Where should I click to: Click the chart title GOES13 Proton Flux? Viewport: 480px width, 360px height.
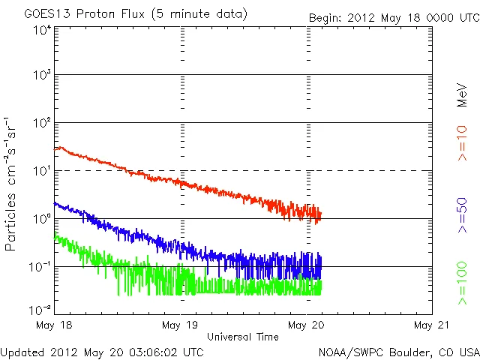(x=135, y=14)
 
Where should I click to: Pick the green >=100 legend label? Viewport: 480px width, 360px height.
(x=463, y=283)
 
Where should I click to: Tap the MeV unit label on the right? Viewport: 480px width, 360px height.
(x=463, y=96)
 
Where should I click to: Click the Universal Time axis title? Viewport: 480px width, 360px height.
(x=243, y=337)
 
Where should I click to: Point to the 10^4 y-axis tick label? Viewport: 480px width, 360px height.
(x=41, y=30)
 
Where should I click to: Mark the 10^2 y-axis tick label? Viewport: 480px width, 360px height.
(x=41, y=122)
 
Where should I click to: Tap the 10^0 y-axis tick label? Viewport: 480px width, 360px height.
(x=41, y=218)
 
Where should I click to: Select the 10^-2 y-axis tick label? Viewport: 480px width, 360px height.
(x=41, y=310)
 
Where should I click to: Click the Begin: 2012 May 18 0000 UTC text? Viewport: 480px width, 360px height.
(x=392, y=16)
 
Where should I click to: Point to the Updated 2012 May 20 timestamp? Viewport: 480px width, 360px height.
(x=102, y=351)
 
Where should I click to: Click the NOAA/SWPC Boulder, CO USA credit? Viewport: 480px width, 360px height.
(x=398, y=351)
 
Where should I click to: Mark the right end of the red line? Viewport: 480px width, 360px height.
(x=321, y=215)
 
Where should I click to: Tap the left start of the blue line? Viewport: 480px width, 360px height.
(x=55, y=203)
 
